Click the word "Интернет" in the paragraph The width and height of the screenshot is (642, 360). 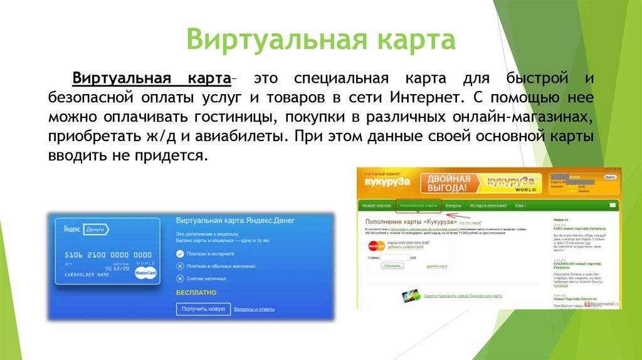tap(422, 98)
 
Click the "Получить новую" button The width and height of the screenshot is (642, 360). tap(203, 309)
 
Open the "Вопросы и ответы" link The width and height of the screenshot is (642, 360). tap(254, 309)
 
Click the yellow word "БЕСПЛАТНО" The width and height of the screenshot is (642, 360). tap(196, 292)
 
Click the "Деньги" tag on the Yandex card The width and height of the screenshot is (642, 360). tap(97, 230)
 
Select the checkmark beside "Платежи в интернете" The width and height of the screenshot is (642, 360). tap(180, 254)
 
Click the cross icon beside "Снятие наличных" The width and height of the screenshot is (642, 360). tap(180, 278)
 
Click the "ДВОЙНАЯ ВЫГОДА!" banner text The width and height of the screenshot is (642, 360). tap(448, 183)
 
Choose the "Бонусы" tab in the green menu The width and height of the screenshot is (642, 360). tap(453, 205)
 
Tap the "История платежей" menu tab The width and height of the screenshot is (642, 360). tap(488, 205)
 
